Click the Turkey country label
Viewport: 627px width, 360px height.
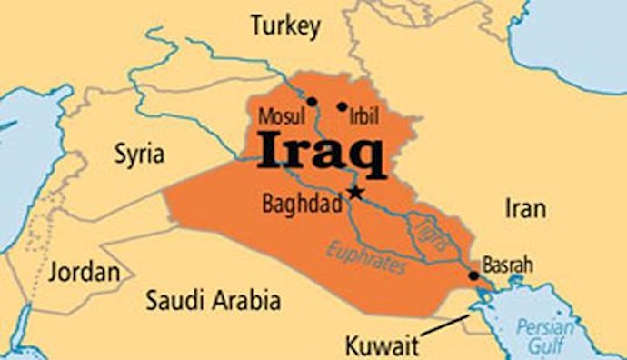coord(285,27)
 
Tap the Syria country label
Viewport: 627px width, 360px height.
coord(139,154)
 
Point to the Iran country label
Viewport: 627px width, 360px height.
coord(525,209)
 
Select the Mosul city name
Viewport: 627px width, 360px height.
coord(278,117)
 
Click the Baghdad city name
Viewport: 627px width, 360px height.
coord(302,204)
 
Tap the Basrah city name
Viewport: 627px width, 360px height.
coord(507,265)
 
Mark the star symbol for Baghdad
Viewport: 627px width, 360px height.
coord(354,193)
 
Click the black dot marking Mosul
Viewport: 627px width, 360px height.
coord(312,102)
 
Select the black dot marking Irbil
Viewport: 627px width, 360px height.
coord(342,106)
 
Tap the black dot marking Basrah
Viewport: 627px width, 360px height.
coord(473,275)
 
